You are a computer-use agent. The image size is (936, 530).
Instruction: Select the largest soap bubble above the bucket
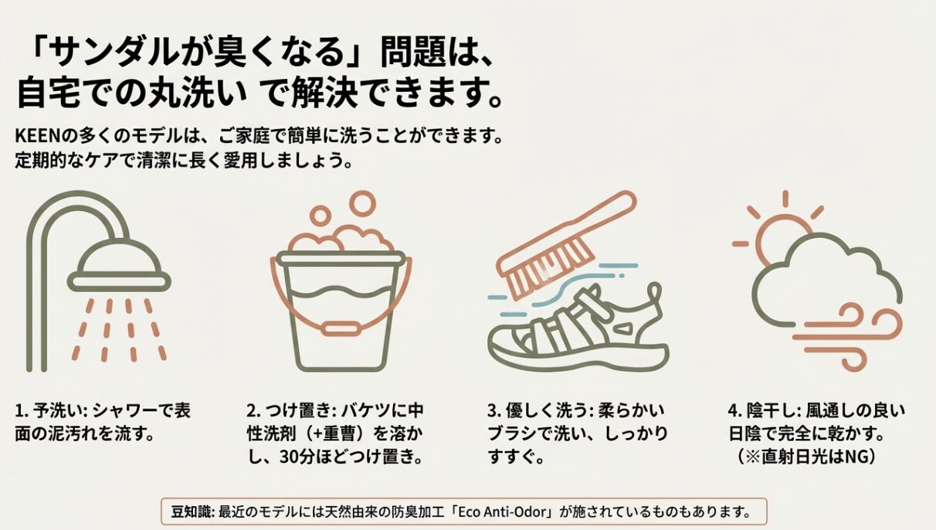coord(363,203)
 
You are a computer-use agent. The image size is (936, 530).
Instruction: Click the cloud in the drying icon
coord(826,280)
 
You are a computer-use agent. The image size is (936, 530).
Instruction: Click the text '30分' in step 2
coord(297,457)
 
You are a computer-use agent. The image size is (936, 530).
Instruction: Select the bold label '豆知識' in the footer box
coord(192,511)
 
